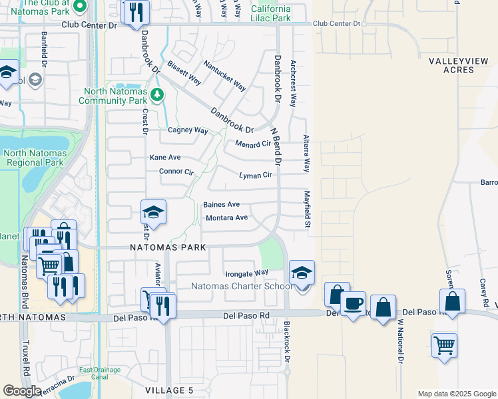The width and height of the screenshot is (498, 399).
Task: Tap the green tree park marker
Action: tap(157, 94)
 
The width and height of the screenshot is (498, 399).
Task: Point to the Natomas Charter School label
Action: tap(242, 287)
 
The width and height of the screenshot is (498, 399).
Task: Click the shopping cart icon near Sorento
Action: tap(444, 345)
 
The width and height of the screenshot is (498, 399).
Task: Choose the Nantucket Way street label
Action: tap(225, 75)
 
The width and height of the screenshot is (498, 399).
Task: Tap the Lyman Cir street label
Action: tap(256, 175)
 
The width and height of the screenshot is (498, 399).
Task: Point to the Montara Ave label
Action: tap(226, 217)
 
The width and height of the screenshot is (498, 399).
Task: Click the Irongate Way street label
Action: tap(246, 273)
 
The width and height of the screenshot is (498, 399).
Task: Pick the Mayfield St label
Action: tap(308, 207)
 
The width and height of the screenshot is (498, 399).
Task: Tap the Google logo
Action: tap(22, 391)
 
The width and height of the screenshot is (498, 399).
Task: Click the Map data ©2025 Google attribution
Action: tap(457, 394)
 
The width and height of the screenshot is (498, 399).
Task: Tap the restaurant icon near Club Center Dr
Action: tap(136, 12)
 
